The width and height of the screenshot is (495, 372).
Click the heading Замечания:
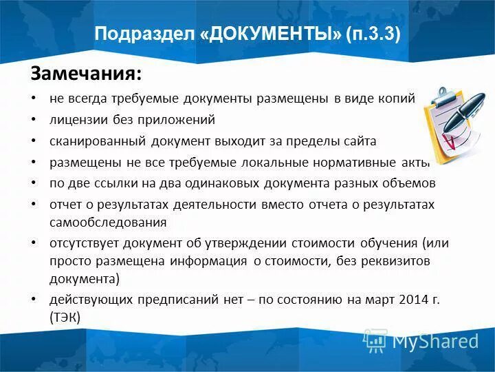[87, 72]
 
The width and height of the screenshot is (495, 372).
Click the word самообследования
[108, 223]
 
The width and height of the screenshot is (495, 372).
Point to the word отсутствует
[84, 244]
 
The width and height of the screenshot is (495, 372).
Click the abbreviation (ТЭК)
[65, 318]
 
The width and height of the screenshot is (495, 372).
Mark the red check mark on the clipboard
[449, 143]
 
